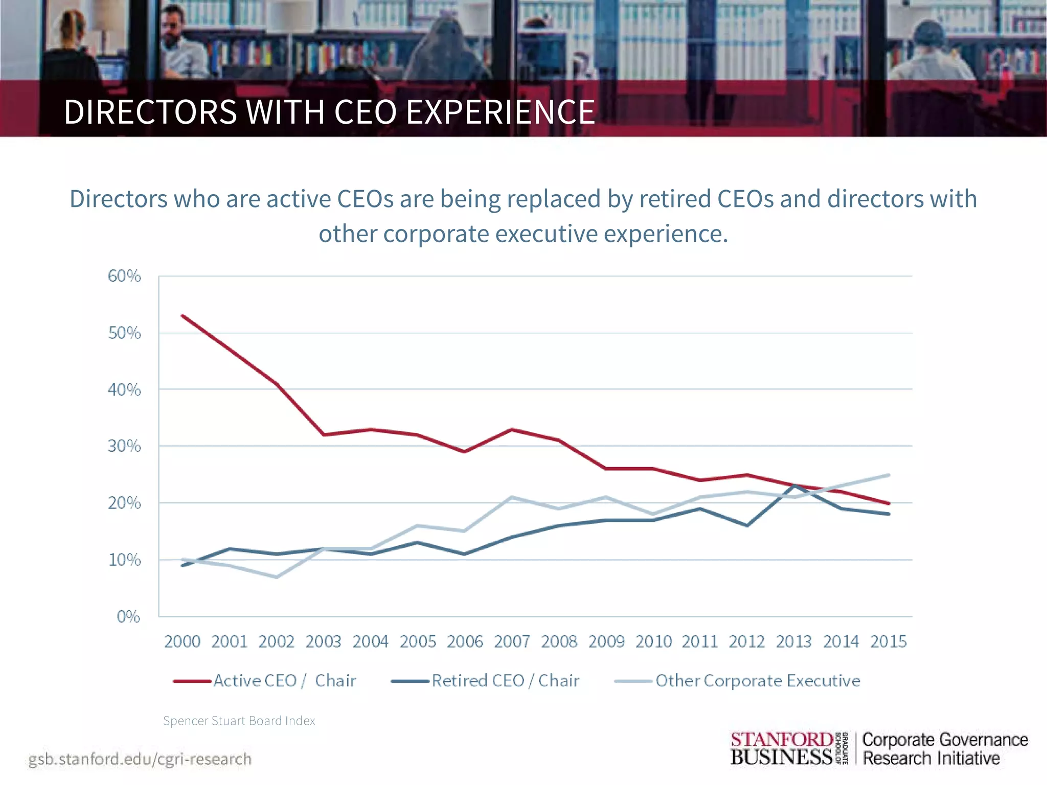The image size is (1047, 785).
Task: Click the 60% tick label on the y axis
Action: pos(124,276)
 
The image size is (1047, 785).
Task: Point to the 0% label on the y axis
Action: pos(128,617)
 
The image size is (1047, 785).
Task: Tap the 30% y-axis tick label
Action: pos(124,447)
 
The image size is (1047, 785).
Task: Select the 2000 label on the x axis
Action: pos(182,641)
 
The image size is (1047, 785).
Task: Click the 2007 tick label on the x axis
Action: pos(512,641)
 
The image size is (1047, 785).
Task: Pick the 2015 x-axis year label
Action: pos(889,641)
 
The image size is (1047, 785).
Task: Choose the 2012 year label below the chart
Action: pos(747,641)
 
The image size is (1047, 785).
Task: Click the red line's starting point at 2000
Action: pos(183,316)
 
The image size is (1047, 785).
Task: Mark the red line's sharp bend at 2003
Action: pos(324,434)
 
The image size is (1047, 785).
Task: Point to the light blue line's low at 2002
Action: pos(277,577)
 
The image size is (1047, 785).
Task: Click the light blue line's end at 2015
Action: pos(889,475)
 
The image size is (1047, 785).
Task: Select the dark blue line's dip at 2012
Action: pos(747,525)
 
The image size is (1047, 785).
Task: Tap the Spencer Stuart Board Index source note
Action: pos(239,721)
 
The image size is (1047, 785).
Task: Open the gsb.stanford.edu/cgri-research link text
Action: pos(140,759)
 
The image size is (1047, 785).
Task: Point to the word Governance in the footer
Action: pos(984,740)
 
